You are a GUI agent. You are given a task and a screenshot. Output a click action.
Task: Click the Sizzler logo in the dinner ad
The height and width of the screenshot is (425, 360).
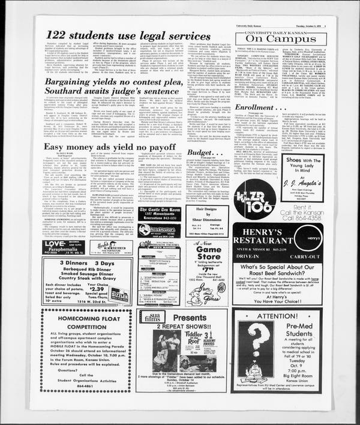pos(120,295)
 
